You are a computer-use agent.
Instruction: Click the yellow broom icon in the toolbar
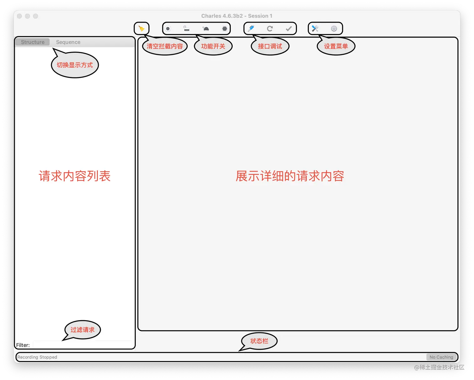click(141, 29)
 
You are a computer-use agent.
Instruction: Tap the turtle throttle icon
click(206, 29)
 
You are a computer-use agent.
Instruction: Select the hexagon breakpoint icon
click(224, 29)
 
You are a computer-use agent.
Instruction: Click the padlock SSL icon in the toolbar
click(186, 29)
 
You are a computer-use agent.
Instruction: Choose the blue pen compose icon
click(251, 29)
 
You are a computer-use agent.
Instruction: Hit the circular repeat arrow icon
click(270, 29)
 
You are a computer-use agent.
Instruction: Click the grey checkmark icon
click(289, 29)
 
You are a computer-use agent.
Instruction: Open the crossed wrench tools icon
click(315, 29)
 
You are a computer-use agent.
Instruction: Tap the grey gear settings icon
click(334, 29)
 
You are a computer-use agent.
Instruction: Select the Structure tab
click(33, 42)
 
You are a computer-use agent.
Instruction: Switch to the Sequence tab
click(68, 42)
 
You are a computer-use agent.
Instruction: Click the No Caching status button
click(441, 357)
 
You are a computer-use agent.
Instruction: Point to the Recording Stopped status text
click(37, 357)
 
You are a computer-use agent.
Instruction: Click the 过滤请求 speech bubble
click(82, 330)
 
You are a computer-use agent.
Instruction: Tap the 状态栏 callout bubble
click(259, 341)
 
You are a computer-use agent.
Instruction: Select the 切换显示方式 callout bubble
click(75, 65)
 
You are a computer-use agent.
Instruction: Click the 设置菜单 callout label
click(336, 46)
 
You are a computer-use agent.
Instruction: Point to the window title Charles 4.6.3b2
click(236, 16)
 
